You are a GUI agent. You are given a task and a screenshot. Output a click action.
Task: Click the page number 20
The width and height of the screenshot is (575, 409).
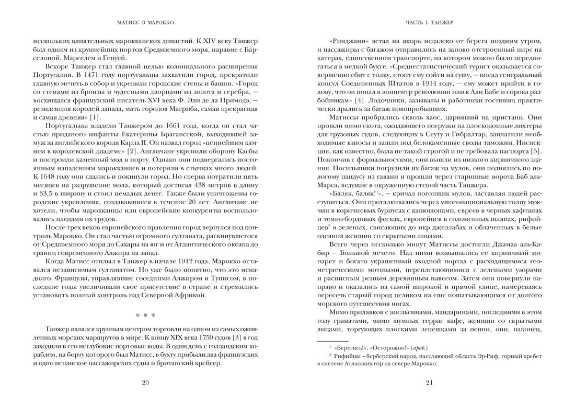[x=145, y=383]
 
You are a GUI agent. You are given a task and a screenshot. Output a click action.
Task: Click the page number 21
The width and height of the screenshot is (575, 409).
[x=429, y=383]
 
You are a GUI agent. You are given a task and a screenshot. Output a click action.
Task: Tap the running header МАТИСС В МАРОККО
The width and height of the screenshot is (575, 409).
[x=146, y=22]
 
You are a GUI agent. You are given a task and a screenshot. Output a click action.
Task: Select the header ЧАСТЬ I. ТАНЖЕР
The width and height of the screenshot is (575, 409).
[x=429, y=22]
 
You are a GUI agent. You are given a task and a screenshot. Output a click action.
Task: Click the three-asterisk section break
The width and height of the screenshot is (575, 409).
[x=145, y=316]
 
